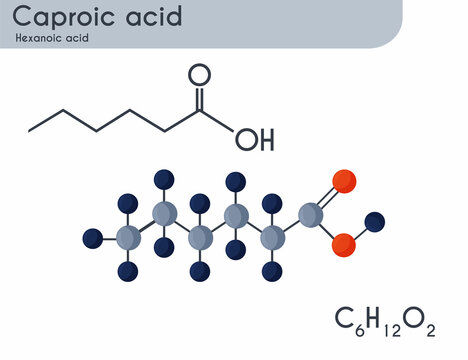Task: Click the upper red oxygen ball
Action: click(343, 182)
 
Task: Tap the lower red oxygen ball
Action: click(344, 244)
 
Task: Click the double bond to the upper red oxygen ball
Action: click(327, 196)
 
